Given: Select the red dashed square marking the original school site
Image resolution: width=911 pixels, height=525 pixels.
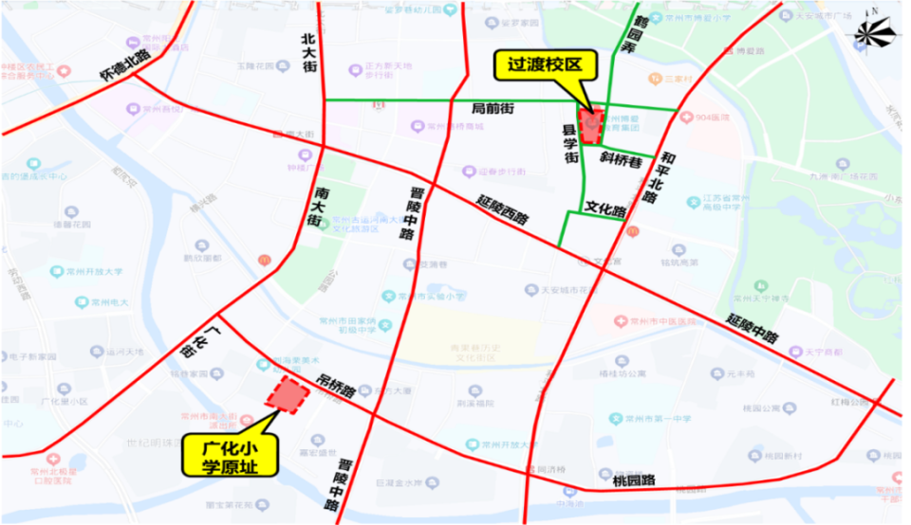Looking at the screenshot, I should click(x=288, y=395).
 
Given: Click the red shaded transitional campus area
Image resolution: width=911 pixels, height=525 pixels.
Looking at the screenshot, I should click(x=592, y=125).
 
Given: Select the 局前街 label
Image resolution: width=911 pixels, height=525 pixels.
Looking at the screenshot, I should click(x=493, y=110).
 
